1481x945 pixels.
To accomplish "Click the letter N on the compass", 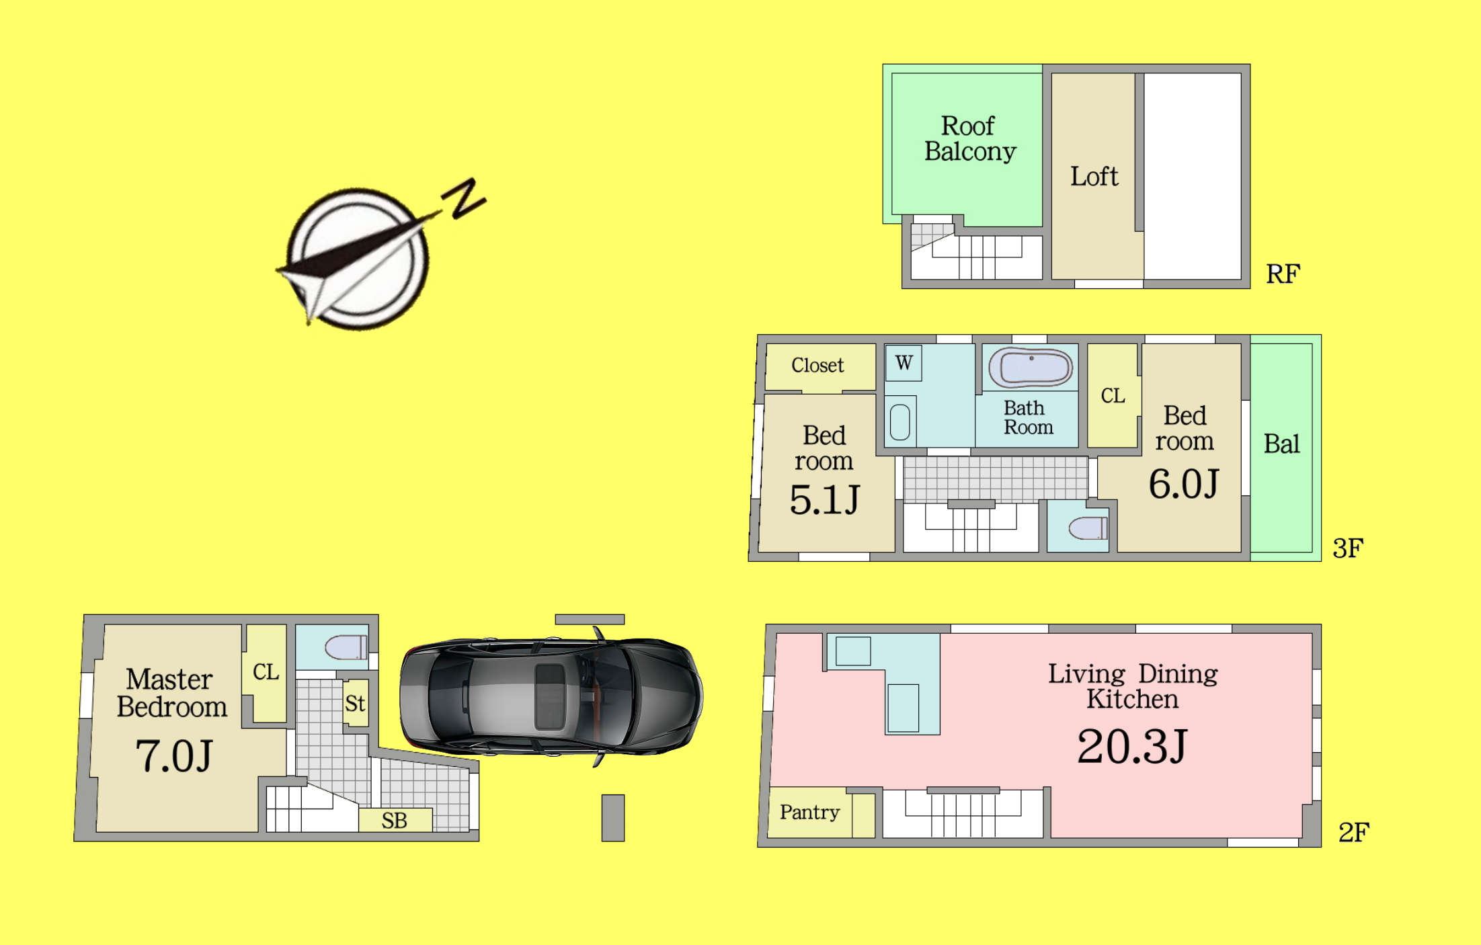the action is point(464,198).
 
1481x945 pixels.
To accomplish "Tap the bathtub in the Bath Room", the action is point(1031,368).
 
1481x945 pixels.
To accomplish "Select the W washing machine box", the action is point(904,363).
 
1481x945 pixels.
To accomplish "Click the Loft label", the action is point(1094,176).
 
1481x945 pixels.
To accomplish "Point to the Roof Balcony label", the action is point(969,138).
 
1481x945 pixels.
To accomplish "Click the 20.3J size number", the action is point(1132,747).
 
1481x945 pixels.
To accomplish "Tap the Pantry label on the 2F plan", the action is point(809,813).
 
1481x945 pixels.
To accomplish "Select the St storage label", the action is point(355,704).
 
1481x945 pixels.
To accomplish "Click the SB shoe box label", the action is point(394,821).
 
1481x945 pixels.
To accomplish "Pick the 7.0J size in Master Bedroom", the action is point(174,755).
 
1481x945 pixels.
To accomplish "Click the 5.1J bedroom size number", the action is point(824,500).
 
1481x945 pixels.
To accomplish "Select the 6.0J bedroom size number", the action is point(1183,484).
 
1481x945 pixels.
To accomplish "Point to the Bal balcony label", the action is point(1281,444).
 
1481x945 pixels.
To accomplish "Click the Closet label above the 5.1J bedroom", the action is point(817,365).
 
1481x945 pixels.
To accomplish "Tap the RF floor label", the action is point(1283,274).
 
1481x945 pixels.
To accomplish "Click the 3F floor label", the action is point(1347,548).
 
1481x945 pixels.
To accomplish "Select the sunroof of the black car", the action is point(549,696).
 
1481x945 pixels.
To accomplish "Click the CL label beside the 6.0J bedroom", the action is point(1113,396).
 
